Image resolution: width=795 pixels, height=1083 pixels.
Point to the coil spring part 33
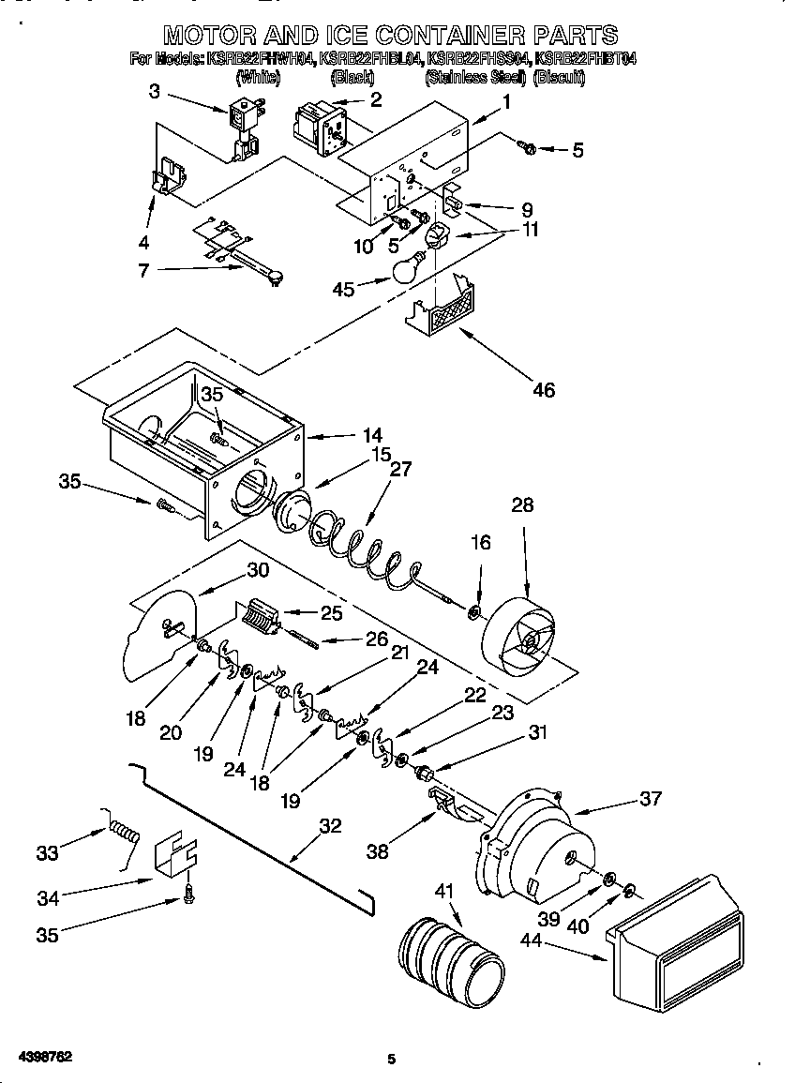(x=124, y=829)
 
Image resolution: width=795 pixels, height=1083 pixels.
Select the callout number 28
(x=522, y=505)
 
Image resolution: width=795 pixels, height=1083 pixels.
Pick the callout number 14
(x=373, y=435)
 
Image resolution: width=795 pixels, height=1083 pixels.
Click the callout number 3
(x=154, y=91)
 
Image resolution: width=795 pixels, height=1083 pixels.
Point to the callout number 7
(x=142, y=272)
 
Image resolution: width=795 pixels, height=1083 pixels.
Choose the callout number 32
(x=330, y=826)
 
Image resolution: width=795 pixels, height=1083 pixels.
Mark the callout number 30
(x=258, y=569)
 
